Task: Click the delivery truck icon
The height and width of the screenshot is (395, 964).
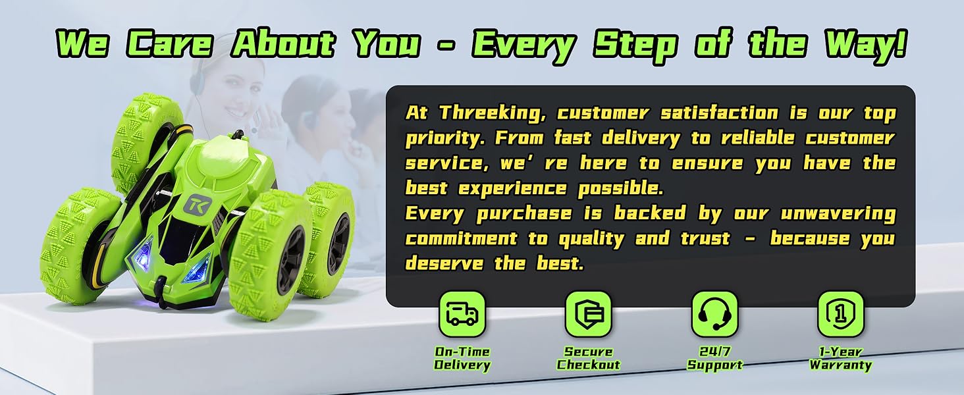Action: click(462, 313)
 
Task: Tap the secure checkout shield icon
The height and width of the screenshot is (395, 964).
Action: click(588, 313)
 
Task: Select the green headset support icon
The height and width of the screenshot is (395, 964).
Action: click(714, 313)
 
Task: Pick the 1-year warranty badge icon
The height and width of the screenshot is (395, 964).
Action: click(840, 313)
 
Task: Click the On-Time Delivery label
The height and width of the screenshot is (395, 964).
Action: click(462, 358)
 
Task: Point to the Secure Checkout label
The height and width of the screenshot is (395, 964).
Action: click(588, 358)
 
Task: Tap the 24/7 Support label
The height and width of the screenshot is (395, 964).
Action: click(714, 358)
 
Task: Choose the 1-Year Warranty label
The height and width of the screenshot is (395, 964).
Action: click(840, 358)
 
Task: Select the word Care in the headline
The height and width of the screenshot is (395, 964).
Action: click(170, 44)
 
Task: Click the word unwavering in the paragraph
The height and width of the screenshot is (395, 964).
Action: click(838, 214)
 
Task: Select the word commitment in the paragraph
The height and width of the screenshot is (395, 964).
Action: click(462, 238)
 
